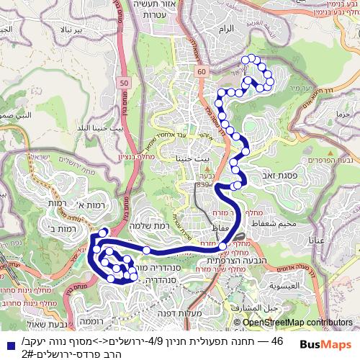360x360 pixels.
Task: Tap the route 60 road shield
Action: pyautogui.click(x=201, y=71)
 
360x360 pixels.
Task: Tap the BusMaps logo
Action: pyautogui.click(x=323, y=346)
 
